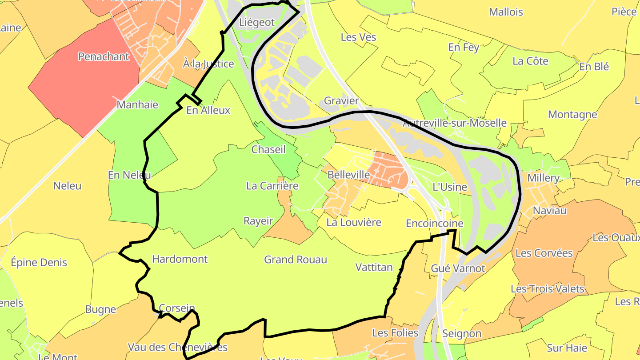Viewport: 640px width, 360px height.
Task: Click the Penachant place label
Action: point(104,56)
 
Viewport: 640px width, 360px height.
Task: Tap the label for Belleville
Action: point(348,175)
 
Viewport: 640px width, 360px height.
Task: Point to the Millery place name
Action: point(543,178)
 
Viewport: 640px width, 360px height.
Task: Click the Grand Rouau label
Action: point(296,260)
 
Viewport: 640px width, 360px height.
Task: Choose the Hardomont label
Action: point(180,259)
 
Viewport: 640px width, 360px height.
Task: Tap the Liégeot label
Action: point(257,22)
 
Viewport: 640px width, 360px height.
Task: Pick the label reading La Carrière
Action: point(272,186)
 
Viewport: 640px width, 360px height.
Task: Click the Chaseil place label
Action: point(268,149)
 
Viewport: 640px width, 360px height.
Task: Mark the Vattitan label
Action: point(374,267)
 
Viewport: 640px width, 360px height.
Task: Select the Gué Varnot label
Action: point(458,268)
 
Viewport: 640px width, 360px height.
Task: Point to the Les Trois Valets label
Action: point(547,289)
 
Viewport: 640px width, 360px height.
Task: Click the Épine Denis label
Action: point(39,262)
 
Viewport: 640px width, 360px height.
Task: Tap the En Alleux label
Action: point(208,110)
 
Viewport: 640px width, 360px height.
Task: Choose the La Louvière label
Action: point(354,222)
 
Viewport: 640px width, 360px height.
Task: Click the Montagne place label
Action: point(572,114)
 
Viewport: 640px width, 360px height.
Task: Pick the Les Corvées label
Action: point(544,253)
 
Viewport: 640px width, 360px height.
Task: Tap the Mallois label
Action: point(506,12)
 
